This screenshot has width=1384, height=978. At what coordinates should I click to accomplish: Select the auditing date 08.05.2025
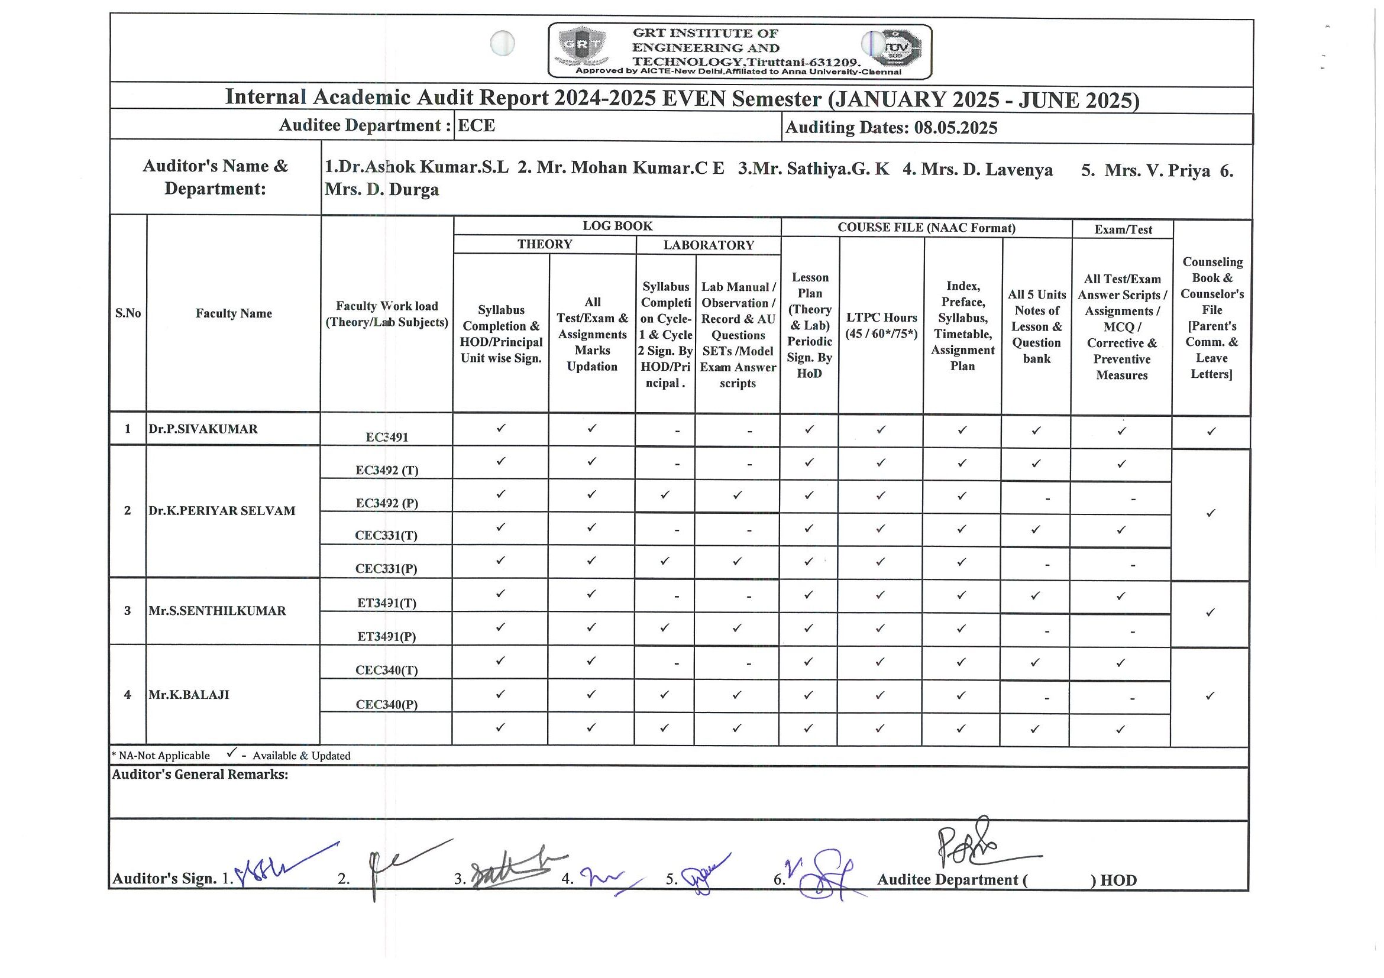point(955,128)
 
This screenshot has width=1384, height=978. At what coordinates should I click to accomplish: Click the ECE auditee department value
point(476,125)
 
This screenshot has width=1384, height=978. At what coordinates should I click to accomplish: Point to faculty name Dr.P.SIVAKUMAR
point(203,429)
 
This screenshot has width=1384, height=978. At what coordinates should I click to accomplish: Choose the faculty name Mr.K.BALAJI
point(189,694)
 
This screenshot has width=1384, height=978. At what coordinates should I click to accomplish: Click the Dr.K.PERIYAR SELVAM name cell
point(222,510)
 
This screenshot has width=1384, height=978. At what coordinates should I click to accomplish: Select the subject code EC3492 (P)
point(386,503)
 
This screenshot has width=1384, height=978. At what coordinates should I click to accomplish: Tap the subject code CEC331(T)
point(386,535)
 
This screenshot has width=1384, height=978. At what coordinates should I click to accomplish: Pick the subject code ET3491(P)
point(386,636)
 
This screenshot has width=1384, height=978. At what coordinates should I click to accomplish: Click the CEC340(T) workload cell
point(386,670)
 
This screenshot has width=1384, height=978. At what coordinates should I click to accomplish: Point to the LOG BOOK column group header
point(617,226)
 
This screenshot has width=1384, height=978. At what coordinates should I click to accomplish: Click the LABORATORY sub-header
point(709,245)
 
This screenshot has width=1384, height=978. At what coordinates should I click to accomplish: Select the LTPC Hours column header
point(881,325)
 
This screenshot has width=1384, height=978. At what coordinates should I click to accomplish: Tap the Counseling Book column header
point(1212,318)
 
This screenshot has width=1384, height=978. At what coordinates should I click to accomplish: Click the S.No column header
point(128,313)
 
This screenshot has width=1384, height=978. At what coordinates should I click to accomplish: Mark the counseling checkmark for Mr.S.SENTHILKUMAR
point(1210,613)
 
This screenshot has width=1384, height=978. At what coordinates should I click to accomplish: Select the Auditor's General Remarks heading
point(199,775)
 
